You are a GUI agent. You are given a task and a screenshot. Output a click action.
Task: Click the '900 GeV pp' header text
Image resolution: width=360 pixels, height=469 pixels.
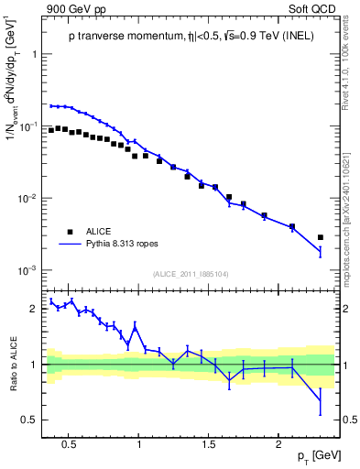pyautogui.click(x=71, y=8)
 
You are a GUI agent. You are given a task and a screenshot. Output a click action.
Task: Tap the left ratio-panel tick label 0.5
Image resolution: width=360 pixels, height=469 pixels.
pyautogui.click(x=29, y=420)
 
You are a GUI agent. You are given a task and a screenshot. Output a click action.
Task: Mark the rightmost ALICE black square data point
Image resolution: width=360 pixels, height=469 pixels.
pyautogui.click(x=320, y=237)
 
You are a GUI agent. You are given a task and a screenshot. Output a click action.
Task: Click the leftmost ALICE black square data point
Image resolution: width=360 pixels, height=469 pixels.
pyautogui.click(x=51, y=130)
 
